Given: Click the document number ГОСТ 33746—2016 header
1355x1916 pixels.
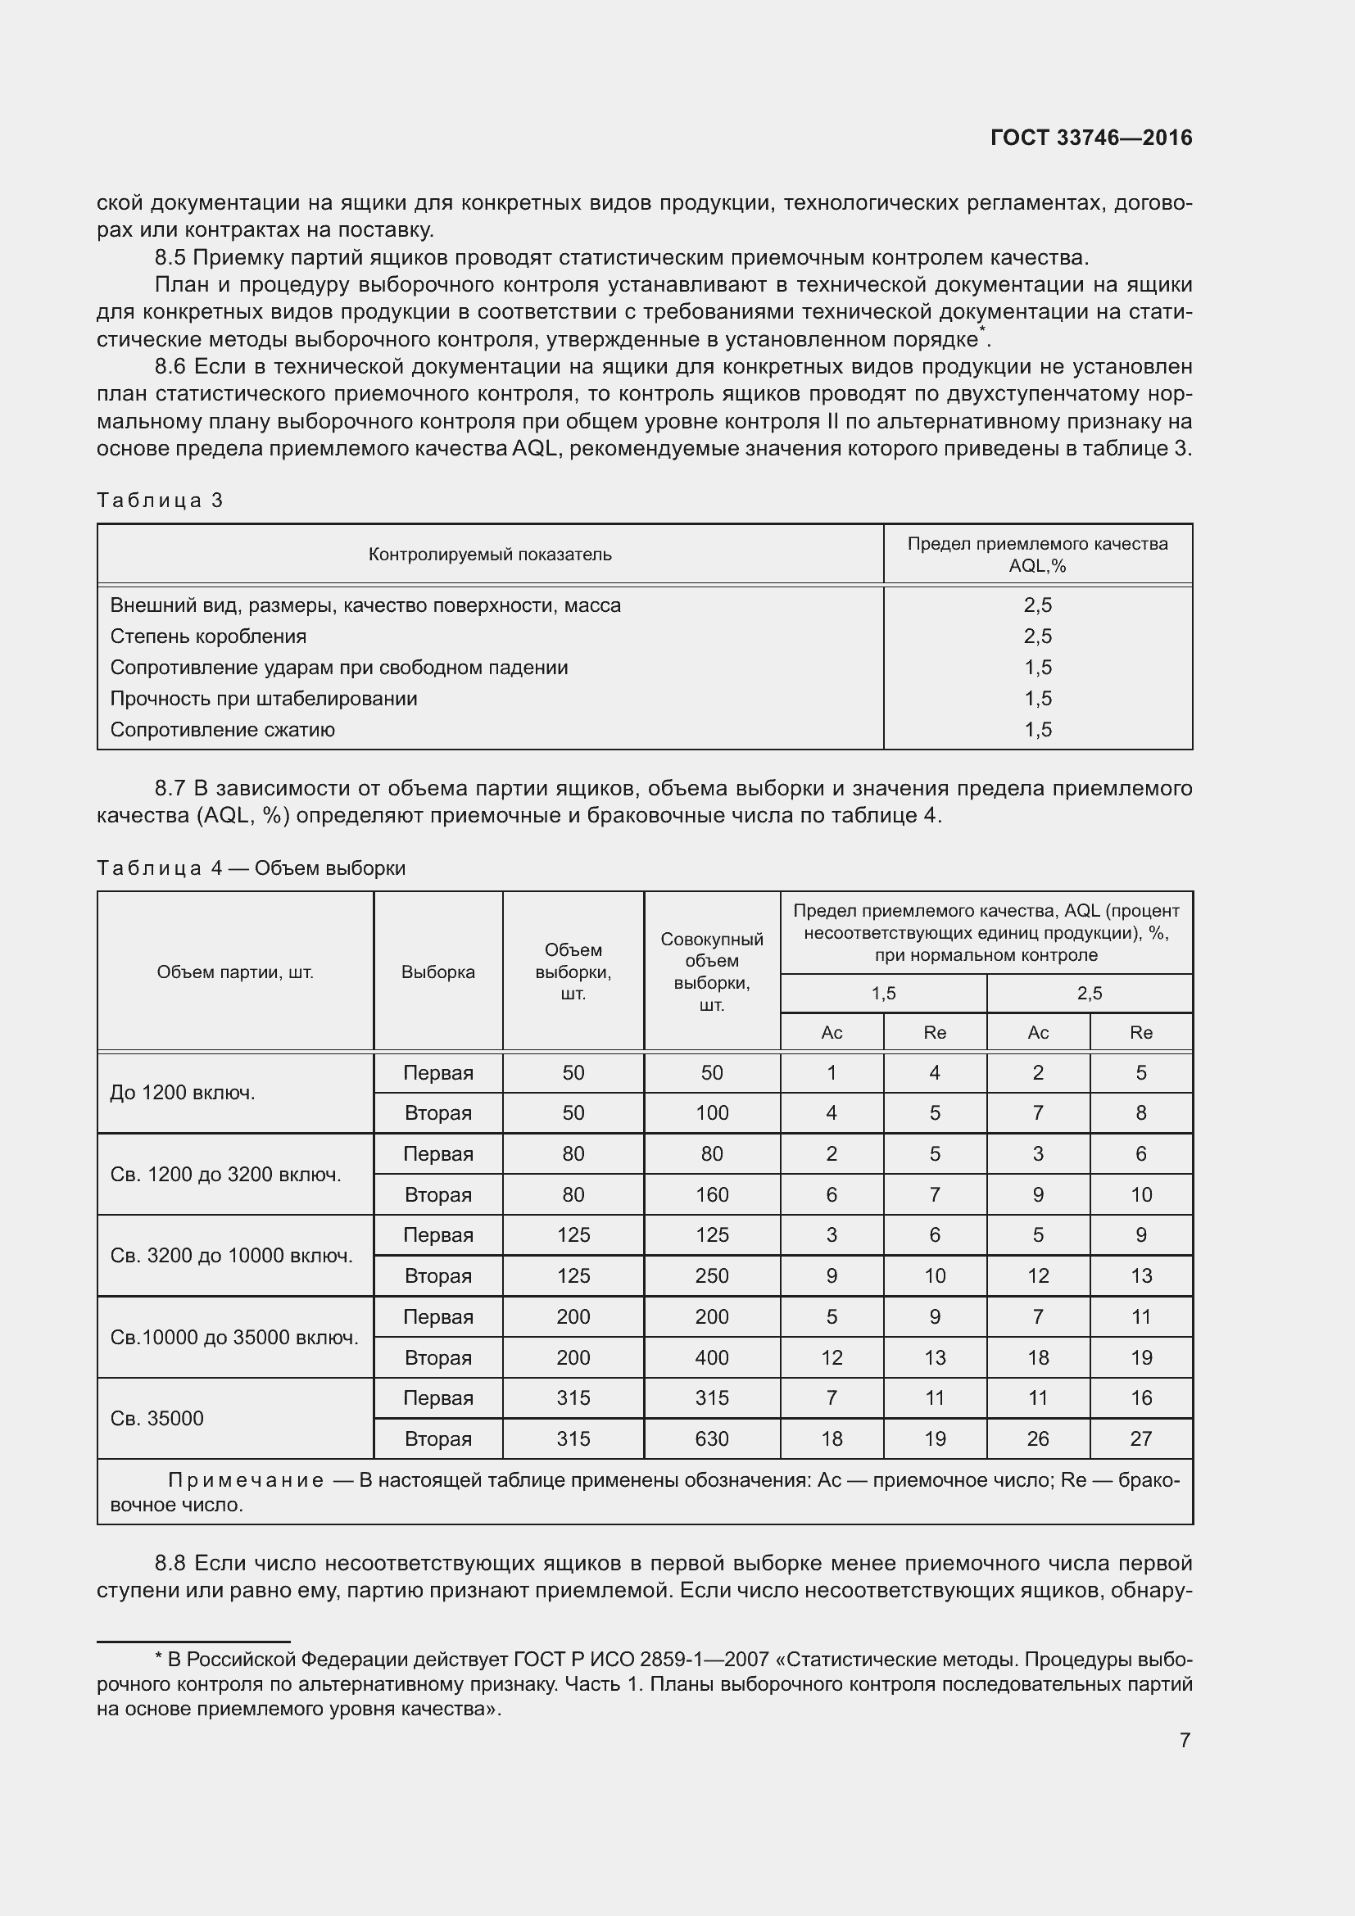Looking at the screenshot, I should [x=1090, y=138].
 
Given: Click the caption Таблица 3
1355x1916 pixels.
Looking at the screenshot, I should [x=160, y=500].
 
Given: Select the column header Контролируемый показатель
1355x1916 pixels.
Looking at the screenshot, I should [x=490, y=554].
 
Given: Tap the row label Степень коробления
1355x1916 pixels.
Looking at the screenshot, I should [x=208, y=636].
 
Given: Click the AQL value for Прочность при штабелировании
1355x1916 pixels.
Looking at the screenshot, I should [x=1037, y=699].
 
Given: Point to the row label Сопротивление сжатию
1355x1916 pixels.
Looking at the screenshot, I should [x=222, y=729].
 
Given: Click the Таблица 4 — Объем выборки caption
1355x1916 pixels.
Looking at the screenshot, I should [x=251, y=867].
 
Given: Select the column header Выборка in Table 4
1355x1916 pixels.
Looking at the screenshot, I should [x=437, y=972].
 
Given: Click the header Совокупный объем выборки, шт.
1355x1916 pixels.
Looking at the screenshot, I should [x=711, y=972].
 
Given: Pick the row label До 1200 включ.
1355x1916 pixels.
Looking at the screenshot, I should [x=182, y=1093].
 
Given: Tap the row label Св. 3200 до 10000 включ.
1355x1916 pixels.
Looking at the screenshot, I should [x=231, y=1255].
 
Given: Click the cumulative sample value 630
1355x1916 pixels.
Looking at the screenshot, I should [x=711, y=1438].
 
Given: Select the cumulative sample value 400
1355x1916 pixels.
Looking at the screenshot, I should [x=711, y=1357].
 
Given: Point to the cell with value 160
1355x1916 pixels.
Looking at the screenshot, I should [x=711, y=1194].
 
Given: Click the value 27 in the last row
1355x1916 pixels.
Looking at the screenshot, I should [x=1140, y=1438].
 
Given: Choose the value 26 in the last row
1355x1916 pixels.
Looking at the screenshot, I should [x=1037, y=1438].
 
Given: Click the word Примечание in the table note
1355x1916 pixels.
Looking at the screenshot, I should [x=245, y=1480].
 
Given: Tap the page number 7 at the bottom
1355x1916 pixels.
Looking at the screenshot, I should [x=1184, y=1740].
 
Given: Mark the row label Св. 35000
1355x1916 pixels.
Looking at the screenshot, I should [x=156, y=1418].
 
